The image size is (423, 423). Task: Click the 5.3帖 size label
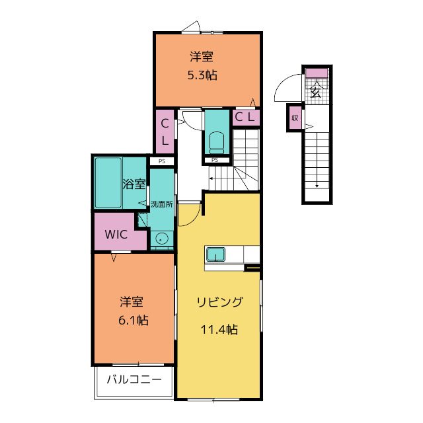(x=202, y=75)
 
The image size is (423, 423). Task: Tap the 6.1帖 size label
(x=134, y=320)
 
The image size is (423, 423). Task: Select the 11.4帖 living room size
(x=219, y=329)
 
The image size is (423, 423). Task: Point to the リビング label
(x=220, y=302)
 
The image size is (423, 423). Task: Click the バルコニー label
(x=134, y=379)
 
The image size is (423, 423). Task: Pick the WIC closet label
(x=116, y=235)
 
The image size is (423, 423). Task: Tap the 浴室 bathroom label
(x=134, y=184)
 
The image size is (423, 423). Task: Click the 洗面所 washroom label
(x=161, y=204)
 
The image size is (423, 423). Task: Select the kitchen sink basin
(x=216, y=254)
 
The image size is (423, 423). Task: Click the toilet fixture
(x=217, y=143)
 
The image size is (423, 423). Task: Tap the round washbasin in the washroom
(x=161, y=239)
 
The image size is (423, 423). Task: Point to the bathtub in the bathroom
(x=108, y=182)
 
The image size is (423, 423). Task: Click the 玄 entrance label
(x=316, y=93)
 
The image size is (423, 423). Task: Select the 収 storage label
(x=295, y=118)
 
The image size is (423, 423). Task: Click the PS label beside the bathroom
(x=162, y=161)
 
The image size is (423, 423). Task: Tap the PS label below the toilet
(x=215, y=160)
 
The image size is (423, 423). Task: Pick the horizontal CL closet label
(x=245, y=117)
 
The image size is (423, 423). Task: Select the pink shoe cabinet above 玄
(x=317, y=73)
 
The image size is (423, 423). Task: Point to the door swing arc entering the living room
(x=193, y=217)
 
